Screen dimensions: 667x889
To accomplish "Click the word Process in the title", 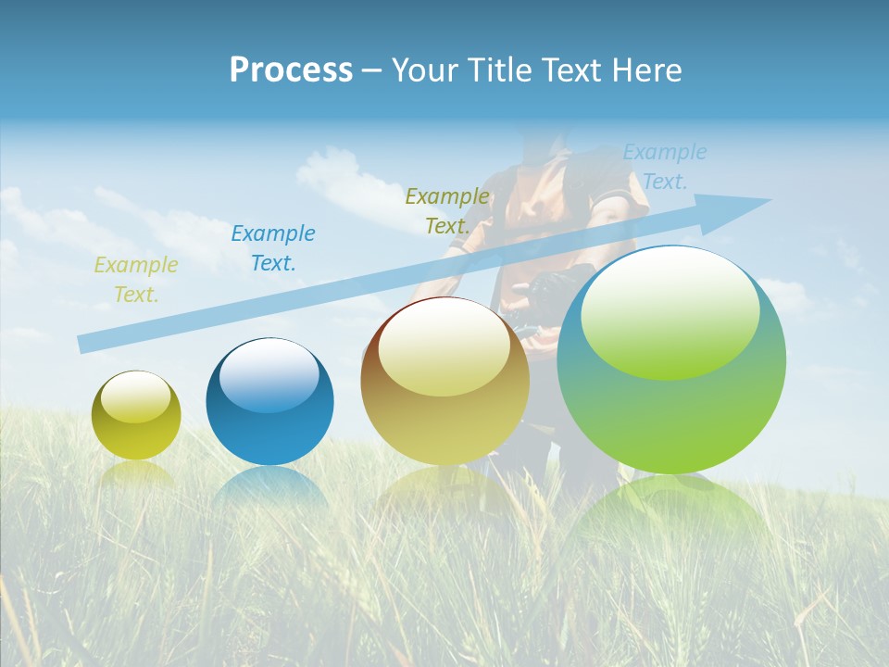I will click(291, 69).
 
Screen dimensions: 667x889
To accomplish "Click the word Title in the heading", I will click(501, 69).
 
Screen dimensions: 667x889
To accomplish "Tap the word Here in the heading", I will click(647, 69).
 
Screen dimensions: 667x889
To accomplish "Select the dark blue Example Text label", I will click(273, 248).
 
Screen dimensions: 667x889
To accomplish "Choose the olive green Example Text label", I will click(447, 210).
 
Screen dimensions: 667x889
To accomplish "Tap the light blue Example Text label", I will click(664, 166).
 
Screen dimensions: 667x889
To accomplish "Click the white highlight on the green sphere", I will click(670, 310).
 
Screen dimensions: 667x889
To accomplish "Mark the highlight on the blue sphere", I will click(269, 375).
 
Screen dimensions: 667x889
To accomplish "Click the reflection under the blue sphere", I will click(269, 486).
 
